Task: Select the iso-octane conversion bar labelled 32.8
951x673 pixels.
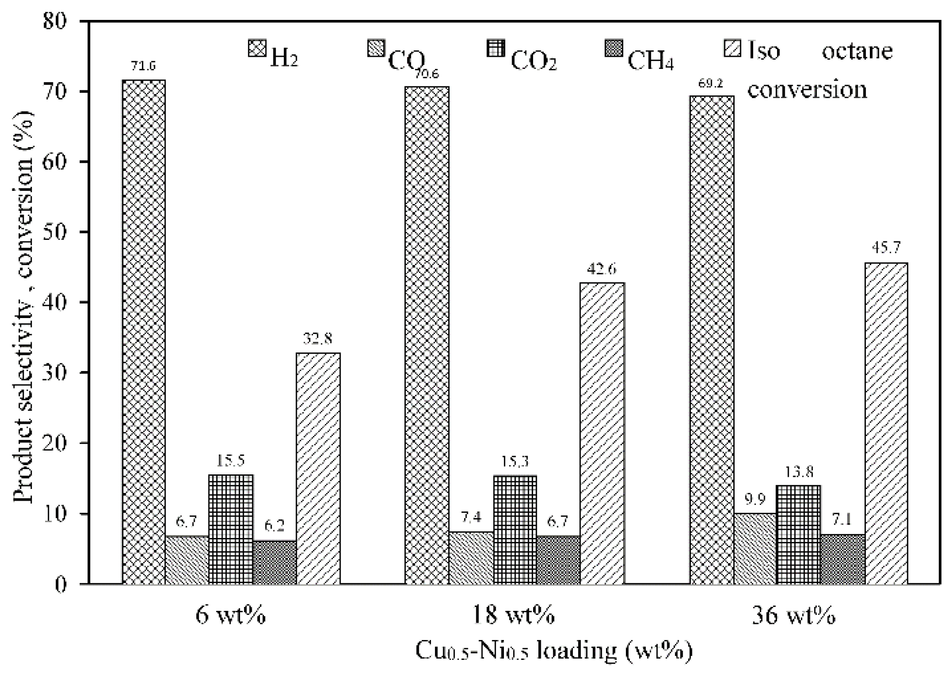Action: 318,468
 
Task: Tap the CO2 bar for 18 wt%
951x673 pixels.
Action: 515,529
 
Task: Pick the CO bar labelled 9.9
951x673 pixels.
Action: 755,548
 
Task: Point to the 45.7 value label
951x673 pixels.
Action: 886,248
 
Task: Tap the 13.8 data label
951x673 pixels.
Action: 798,471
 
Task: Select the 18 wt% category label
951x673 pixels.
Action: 514,616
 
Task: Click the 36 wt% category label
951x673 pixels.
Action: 794,616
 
